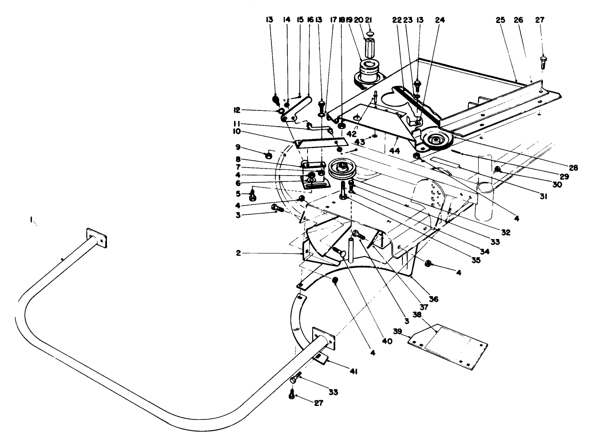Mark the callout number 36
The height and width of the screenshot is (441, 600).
coord(434,298)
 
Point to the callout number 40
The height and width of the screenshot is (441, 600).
coord(387,342)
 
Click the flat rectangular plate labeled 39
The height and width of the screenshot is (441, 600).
coord(448,347)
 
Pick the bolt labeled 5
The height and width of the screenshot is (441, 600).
coord(253,196)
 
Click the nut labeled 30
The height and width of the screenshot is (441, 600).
coord(499,169)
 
